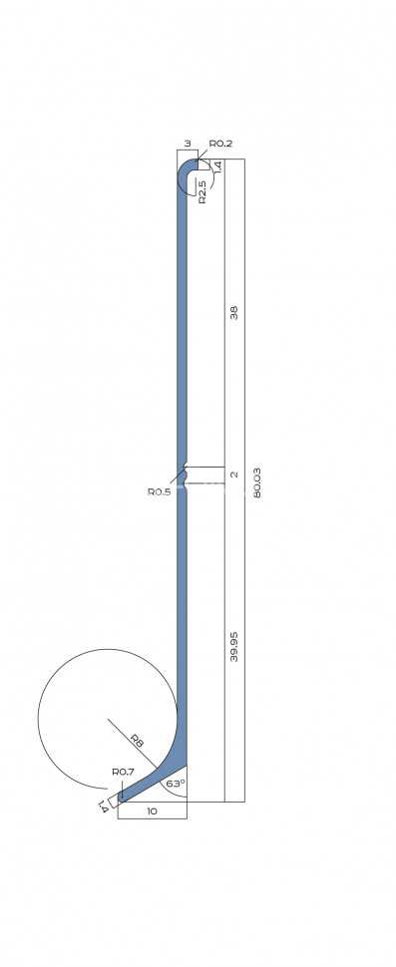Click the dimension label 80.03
256,483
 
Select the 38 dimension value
233,313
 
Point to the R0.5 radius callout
160,491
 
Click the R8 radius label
138,740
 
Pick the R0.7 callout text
124,772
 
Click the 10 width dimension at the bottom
152,810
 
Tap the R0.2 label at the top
220,144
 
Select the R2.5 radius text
202,190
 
